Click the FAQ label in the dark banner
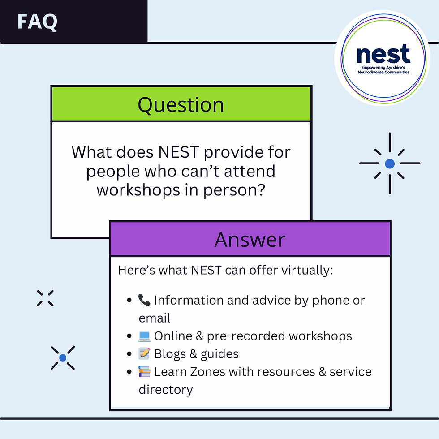click(x=37, y=22)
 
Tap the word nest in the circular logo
click(x=383, y=54)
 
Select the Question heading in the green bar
click(x=181, y=104)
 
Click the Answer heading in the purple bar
click(x=250, y=239)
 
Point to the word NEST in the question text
click(x=178, y=152)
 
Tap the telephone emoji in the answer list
click(x=145, y=300)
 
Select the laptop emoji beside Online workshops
click(x=145, y=336)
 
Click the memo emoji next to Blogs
click(x=145, y=354)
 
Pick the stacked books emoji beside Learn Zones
click(x=145, y=372)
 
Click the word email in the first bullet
click(x=155, y=318)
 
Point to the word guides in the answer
click(x=219, y=354)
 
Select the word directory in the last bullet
click(x=165, y=390)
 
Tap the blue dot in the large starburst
click(x=390, y=164)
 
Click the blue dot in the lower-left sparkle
click(x=63, y=357)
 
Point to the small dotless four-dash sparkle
click(x=45, y=298)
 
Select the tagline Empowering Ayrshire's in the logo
click(x=383, y=67)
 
